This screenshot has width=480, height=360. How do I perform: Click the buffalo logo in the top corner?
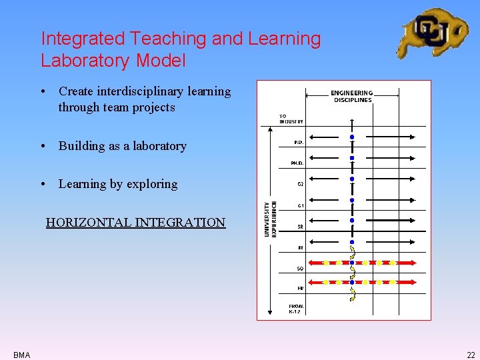click(x=433, y=33)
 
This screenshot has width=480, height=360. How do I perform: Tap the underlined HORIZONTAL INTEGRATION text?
click(x=135, y=223)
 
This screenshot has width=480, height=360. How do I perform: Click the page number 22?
click(x=471, y=355)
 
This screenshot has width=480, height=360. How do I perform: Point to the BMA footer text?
click(x=21, y=355)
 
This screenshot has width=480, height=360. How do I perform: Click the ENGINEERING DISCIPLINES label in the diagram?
click(x=352, y=97)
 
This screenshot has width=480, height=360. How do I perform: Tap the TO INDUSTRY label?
click(x=291, y=119)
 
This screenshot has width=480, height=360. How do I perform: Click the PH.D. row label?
click(x=297, y=163)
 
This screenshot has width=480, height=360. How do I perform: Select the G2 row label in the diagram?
click(x=300, y=184)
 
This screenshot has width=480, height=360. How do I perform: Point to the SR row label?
click(x=300, y=227)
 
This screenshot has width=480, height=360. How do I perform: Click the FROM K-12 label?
click(x=295, y=309)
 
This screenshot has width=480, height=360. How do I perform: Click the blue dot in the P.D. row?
click(x=352, y=137)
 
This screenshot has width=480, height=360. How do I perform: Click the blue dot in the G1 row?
click(x=352, y=200)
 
